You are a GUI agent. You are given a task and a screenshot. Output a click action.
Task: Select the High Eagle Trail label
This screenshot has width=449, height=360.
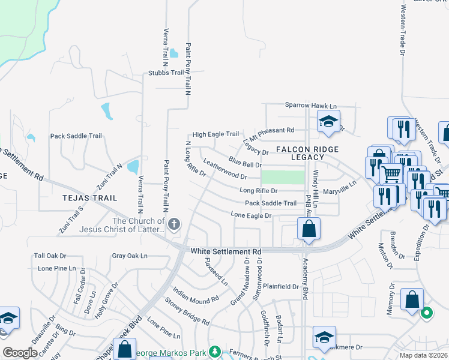click(215, 134)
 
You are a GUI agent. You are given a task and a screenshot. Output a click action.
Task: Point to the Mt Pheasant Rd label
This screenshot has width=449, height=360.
click(273, 130)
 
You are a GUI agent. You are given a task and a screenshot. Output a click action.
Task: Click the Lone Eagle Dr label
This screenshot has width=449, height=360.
click(252, 215)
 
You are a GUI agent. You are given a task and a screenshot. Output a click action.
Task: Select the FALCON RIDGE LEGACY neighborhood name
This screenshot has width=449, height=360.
click(307, 153)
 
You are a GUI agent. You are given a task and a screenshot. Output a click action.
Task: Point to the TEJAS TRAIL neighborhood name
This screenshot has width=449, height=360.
click(88, 197)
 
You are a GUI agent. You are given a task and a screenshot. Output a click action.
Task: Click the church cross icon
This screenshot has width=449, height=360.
click(174, 224)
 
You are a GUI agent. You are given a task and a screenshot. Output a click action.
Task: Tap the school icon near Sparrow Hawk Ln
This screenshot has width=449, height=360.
click(328, 122)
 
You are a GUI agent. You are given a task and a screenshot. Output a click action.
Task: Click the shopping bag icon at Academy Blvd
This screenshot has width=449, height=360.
click(309, 229)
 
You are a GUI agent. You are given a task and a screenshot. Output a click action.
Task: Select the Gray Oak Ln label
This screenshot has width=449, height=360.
click(129, 256)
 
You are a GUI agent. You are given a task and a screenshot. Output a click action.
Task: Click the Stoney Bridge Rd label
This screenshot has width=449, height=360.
click(187, 312)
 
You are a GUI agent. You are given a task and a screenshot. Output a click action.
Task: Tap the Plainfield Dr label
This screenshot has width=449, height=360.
click(281, 287)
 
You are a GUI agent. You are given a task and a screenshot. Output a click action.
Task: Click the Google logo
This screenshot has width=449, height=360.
click(20, 353)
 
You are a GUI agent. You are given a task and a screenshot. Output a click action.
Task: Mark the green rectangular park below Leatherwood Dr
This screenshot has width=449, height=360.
click(283, 178)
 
